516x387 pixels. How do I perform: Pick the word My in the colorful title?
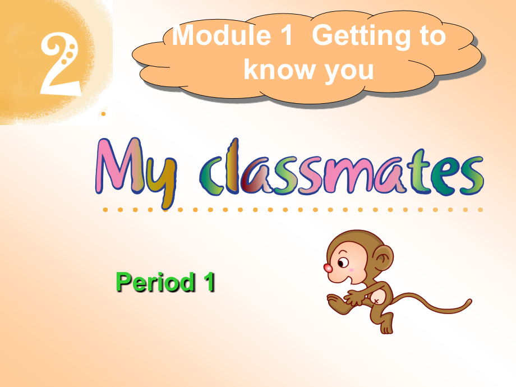[135, 168]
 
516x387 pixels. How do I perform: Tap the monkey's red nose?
[328, 268]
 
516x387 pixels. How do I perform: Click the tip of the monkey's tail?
[469, 303]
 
